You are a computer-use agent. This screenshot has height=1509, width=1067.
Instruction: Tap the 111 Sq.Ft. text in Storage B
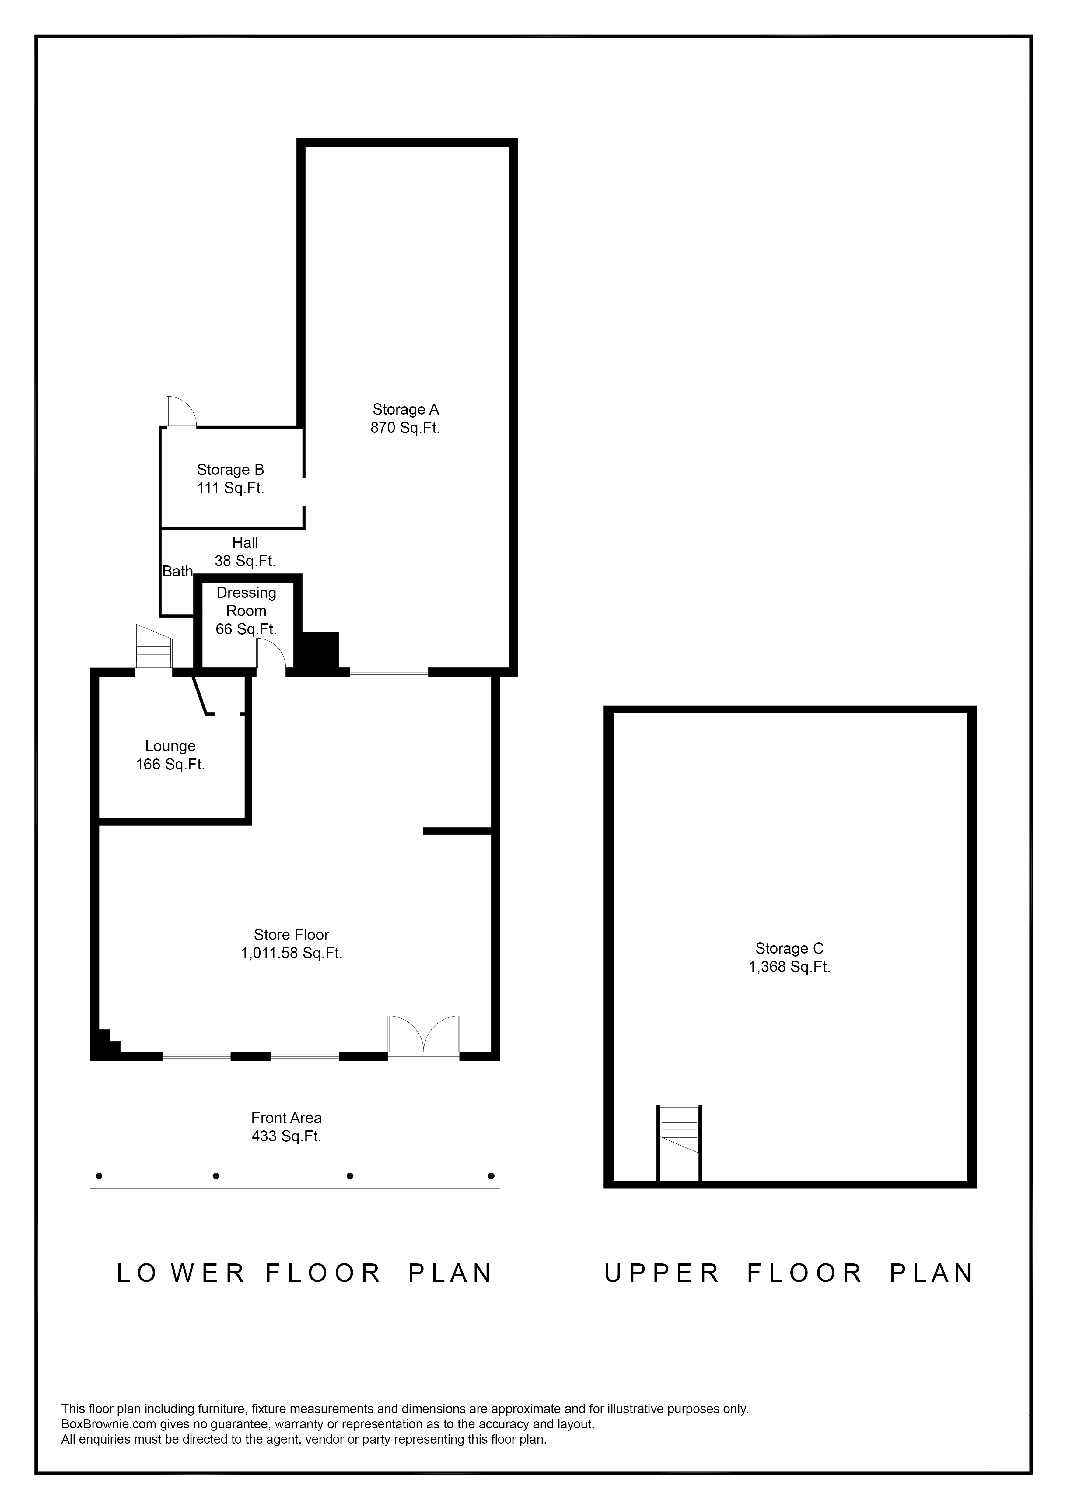click(231, 488)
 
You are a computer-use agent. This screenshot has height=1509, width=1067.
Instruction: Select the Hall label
click(245, 543)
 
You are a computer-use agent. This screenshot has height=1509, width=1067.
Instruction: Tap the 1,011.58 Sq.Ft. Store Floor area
click(292, 953)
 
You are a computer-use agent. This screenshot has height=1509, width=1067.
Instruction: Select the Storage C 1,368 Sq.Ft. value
click(790, 967)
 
